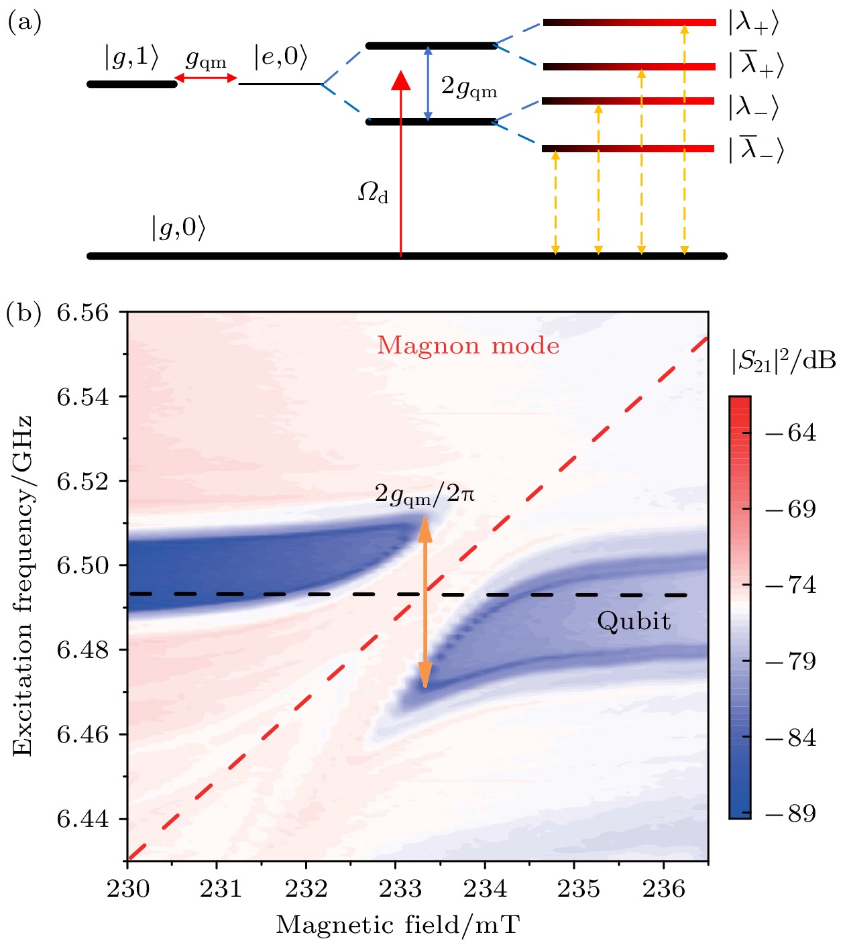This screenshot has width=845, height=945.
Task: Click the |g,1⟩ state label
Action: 131,58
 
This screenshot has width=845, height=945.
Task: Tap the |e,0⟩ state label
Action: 280,58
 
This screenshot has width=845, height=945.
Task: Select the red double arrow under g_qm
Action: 206,78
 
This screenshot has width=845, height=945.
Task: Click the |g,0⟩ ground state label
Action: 178,228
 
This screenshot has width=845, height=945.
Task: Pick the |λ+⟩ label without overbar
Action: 754,22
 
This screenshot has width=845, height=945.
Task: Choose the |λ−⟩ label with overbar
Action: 756,148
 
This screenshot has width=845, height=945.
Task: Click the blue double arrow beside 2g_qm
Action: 429,84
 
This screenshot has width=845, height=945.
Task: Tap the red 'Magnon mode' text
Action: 468,345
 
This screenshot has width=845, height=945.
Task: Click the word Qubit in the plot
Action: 634,621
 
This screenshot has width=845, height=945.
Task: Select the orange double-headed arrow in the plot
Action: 425,602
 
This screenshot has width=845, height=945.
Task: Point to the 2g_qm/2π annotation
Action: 425,494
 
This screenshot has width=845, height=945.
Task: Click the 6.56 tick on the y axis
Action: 82,313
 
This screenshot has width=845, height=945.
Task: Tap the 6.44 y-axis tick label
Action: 82,819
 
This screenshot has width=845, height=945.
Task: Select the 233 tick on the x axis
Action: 396,889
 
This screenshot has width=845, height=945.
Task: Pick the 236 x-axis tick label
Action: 663,889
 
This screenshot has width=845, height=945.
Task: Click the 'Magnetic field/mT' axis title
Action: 398,925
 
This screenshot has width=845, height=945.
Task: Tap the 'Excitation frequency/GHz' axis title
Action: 23,587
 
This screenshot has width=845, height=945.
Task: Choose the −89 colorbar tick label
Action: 791,814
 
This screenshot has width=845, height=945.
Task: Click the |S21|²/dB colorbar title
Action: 783,361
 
